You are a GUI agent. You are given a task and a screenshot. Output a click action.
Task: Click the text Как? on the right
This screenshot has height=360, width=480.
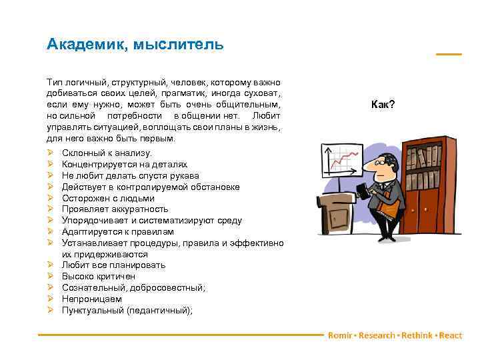383,105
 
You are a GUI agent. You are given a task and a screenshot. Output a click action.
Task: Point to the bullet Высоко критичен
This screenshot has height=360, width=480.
98,276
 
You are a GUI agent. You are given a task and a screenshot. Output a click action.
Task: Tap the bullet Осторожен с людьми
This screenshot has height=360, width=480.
108,198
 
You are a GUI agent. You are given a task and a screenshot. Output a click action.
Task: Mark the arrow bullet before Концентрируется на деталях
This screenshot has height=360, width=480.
51,164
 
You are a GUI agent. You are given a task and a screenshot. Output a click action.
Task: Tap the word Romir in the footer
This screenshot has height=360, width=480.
339,335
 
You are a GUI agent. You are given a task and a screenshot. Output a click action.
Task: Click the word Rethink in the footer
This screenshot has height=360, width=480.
417,335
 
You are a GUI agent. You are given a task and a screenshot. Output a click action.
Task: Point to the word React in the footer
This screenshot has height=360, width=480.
451,335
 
